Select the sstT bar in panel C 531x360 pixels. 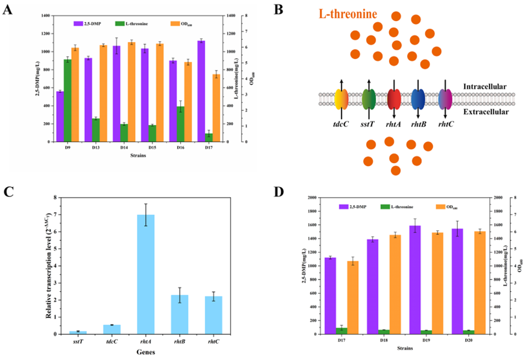click(78, 332)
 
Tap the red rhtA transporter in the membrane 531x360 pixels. click(394, 99)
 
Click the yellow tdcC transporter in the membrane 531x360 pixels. click(341, 99)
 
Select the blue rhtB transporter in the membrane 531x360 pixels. click(418, 99)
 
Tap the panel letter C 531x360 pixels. click(8, 191)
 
